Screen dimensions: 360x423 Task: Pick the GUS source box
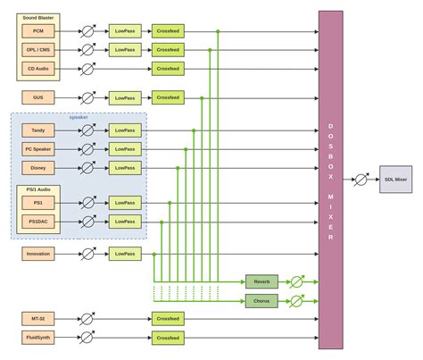pyautogui.click(x=38, y=96)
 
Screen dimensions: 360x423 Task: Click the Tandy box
pyautogui.click(x=38, y=130)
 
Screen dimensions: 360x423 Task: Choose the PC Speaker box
pyautogui.click(x=38, y=148)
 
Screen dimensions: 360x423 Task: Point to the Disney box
pyautogui.click(x=38, y=167)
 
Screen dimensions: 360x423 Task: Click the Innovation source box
pyautogui.click(x=38, y=254)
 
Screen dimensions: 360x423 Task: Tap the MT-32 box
pyautogui.click(x=38, y=318)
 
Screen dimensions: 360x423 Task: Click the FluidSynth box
pyautogui.click(x=38, y=338)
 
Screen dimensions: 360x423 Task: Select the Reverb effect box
pyautogui.click(x=261, y=281)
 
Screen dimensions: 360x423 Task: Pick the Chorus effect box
pyautogui.click(x=261, y=301)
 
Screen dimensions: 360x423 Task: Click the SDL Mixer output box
pyautogui.click(x=395, y=180)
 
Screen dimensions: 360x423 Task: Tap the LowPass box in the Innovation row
pyautogui.click(x=125, y=254)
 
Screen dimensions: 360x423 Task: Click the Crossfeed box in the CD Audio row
pyautogui.click(x=168, y=68)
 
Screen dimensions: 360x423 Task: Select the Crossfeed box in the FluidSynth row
pyautogui.click(x=168, y=338)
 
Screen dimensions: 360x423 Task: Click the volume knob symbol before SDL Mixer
pyautogui.click(x=361, y=180)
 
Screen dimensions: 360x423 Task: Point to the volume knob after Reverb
pyautogui.click(x=297, y=281)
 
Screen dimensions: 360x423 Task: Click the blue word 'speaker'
pyautogui.click(x=79, y=117)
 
